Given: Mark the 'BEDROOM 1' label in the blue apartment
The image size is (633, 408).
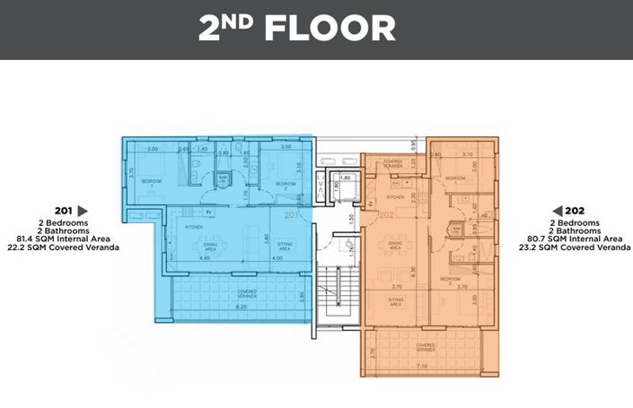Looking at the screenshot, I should tap(152, 183).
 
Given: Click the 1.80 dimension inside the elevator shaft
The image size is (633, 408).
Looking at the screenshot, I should tap(346, 178).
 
